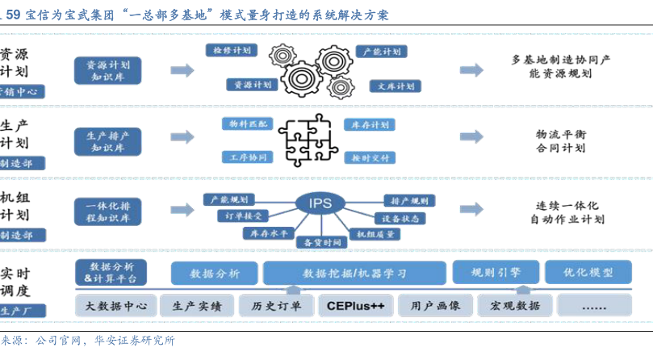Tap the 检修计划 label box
232,51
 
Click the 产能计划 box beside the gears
383,52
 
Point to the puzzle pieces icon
308,138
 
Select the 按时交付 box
370,157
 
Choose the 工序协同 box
247,157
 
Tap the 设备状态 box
398,219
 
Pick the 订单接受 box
241,216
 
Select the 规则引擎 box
495,272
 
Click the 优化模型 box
588,272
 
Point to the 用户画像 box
435,306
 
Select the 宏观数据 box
515,306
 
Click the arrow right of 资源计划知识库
182,70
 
